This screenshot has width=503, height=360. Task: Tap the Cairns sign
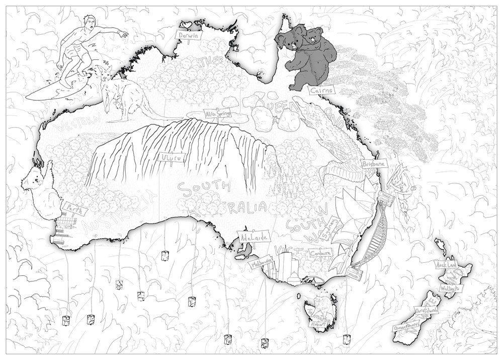pyautogui.click(x=320, y=91)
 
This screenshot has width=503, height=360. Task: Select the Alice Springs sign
pyautogui.click(x=217, y=114)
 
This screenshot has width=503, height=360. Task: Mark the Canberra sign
pyautogui.click(x=320, y=252)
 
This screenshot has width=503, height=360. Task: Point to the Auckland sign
pyautogui.click(x=447, y=264)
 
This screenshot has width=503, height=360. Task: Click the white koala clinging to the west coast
pyautogui.click(x=40, y=191)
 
